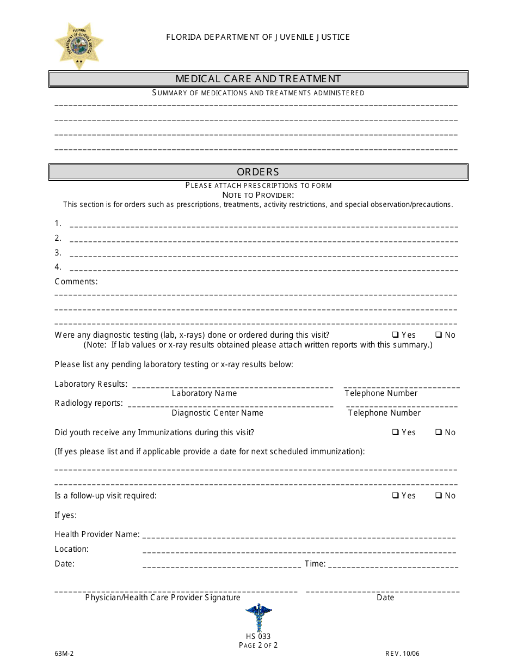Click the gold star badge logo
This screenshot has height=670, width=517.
[79, 46]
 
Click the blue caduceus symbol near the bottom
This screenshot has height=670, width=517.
[258, 617]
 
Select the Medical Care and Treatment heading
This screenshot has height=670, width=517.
[258, 79]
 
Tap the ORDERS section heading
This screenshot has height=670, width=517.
[258, 172]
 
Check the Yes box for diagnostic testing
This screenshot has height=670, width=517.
[396, 335]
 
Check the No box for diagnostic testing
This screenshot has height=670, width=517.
[438, 335]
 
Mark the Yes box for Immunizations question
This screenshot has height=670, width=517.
[396, 433]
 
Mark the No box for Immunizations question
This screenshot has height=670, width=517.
[438, 433]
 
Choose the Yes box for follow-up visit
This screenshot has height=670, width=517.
[396, 496]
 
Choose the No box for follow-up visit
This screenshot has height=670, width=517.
[438, 496]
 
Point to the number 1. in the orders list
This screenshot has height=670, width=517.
[58, 223]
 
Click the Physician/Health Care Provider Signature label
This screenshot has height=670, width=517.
[163, 598]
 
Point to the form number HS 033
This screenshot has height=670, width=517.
[258, 636]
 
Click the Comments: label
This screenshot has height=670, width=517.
[76, 282]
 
